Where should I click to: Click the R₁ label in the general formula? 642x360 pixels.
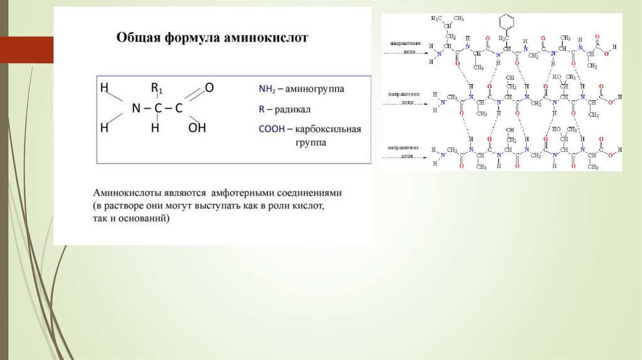[157, 87]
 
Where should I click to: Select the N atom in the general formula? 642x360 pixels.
[137, 108]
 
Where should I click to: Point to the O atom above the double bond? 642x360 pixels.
[209, 87]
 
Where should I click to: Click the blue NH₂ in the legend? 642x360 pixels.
[268, 90]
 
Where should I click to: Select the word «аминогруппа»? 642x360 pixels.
[317, 90]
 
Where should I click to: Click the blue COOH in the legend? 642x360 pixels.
[271, 129]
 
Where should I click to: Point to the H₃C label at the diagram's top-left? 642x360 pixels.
[437, 18]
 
